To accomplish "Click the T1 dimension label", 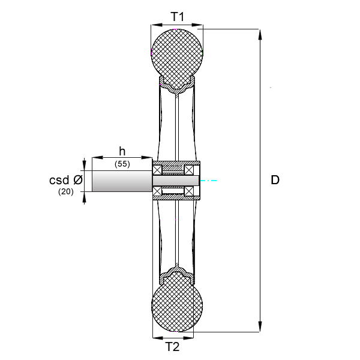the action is coord(177,16).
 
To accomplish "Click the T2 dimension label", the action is coord(172,346).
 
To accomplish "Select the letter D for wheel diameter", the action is coord(275,180).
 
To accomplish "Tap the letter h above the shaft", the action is coord(122,152).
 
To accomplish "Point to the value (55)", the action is coord(122,164).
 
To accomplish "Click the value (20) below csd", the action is coord(66,191).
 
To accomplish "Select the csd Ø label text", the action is coord(66,180).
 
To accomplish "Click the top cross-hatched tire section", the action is coord(177,59).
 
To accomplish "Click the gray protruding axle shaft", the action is coord(122,181).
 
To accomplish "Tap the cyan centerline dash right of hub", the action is coord(208,181).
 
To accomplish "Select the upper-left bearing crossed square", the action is coord(157,170).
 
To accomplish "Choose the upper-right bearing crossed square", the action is coord(189,170).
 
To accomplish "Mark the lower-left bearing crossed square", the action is coord(157,191).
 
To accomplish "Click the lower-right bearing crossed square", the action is coord(189,191).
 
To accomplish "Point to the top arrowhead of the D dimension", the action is coord(260,34).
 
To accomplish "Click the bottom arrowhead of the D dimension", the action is coord(260,326).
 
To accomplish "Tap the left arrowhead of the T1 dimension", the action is coord(157,25).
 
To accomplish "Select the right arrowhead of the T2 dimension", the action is coord(188,338).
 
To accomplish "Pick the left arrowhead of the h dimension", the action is coord(97,157).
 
